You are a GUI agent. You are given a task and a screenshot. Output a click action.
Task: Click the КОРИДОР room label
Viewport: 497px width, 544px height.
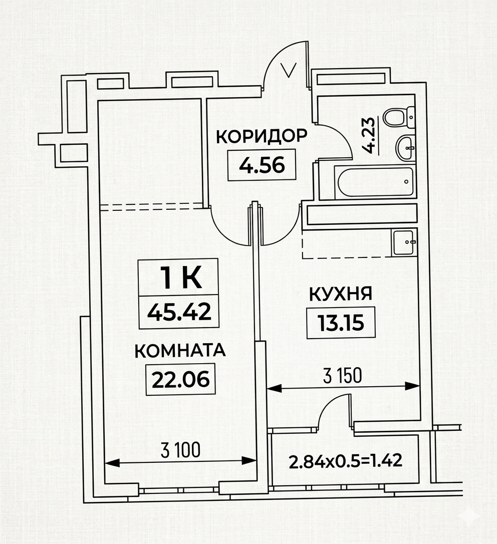262,136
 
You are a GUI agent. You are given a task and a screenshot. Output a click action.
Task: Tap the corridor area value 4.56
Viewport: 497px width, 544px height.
262,165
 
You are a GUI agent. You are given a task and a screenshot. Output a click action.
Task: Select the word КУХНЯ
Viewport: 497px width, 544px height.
340,294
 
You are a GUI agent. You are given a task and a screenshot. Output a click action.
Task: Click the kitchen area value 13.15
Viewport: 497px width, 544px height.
341,323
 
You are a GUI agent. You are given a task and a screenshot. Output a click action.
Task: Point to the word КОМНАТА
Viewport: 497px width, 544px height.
180,351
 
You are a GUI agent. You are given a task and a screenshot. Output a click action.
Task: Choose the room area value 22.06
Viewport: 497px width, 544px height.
180,379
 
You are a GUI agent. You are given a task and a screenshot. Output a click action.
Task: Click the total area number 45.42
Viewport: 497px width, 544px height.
179,312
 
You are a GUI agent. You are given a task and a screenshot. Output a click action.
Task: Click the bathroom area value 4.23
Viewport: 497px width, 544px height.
369,135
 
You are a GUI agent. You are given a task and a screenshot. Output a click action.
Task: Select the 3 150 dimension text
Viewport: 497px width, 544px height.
342,375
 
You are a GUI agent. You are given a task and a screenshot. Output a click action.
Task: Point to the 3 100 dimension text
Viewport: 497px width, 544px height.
180,450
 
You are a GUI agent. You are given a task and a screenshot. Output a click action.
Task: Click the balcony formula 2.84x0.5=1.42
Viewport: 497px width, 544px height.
345,461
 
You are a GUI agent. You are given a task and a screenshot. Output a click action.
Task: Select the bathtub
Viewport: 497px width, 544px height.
374,182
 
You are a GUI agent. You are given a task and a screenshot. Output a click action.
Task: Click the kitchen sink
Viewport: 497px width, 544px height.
403,242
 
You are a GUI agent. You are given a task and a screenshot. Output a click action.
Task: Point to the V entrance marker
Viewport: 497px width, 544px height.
289,70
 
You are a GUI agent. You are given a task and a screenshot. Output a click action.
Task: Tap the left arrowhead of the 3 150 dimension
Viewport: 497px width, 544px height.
274,388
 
